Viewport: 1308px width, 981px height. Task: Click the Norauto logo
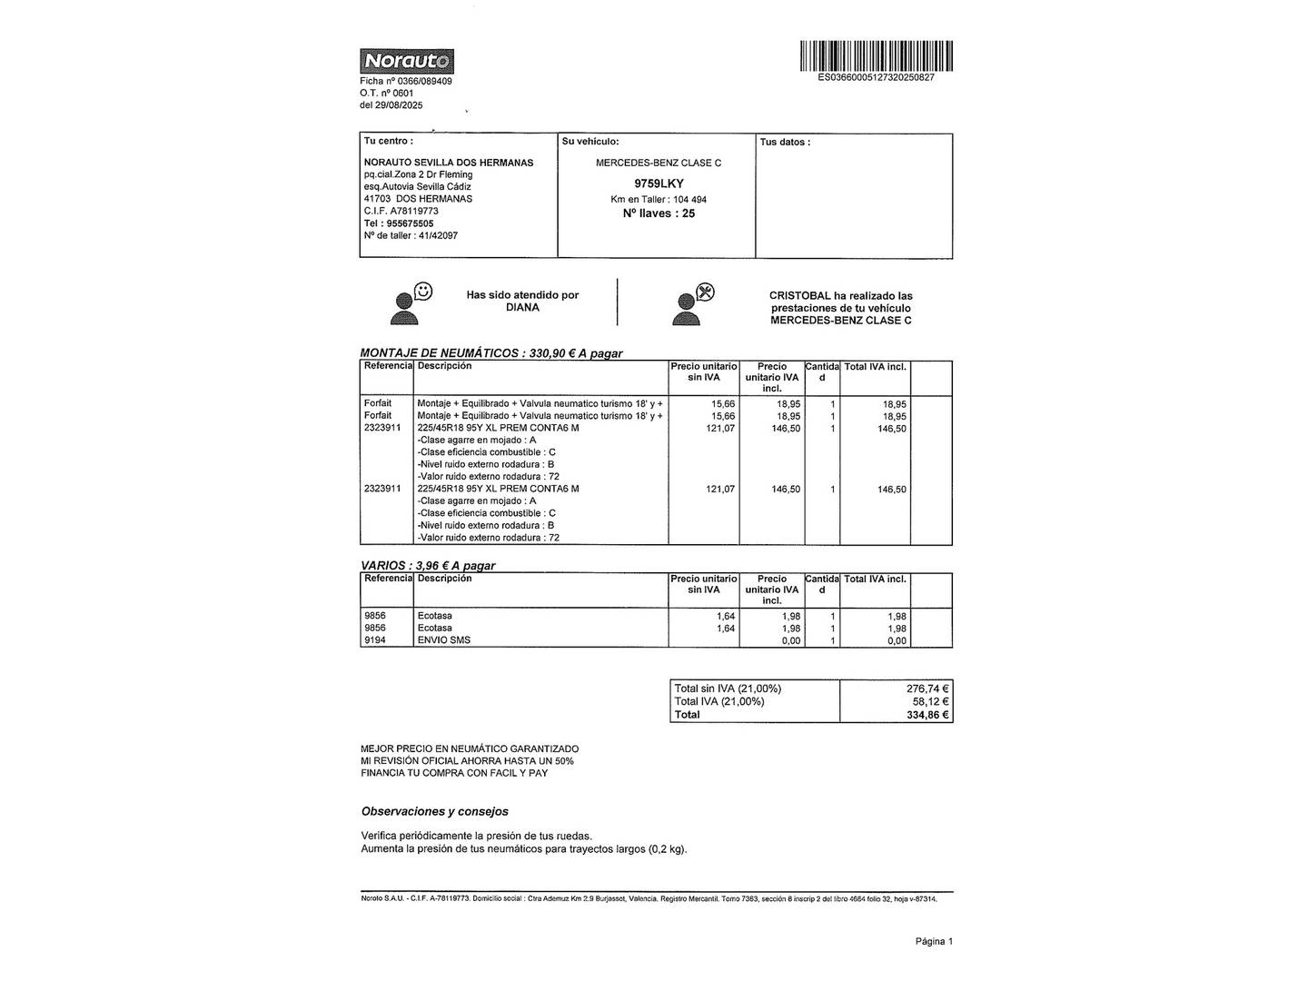tap(406, 61)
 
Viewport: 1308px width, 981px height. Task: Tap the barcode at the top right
tap(876, 55)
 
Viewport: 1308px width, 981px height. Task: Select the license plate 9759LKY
tap(659, 183)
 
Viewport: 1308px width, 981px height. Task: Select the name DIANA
tap(522, 307)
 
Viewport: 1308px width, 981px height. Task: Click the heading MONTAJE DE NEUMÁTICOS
tap(440, 353)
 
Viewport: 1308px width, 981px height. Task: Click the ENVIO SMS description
tap(443, 640)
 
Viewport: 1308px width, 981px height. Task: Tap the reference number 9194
tap(375, 640)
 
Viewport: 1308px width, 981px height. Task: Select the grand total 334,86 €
tap(927, 715)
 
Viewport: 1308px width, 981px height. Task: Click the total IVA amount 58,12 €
tap(930, 701)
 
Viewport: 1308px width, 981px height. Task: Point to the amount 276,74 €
tap(927, 689)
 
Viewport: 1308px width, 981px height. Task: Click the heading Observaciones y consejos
tap(435, 811)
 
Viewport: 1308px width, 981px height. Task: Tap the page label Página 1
tap(934, 941)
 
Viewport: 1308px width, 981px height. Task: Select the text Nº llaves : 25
tap(659, 213)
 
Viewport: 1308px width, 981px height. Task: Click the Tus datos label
tap(785, 142)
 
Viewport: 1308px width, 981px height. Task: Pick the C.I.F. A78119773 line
tap(401, 211)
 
